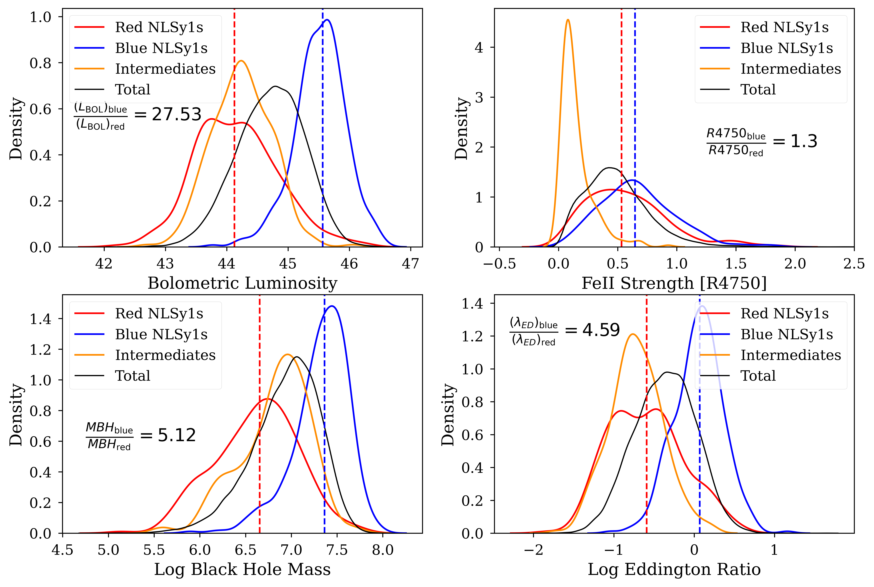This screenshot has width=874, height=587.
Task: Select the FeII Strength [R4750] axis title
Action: click(674, 283)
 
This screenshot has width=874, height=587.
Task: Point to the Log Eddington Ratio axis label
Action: click(674, 569)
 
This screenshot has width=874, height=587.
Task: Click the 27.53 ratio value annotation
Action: click(177, 115)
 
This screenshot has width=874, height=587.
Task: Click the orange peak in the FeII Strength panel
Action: click(568, 20)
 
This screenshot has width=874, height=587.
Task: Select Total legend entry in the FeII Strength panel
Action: click(758, 89)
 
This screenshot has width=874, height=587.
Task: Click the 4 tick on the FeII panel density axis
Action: click(479, 48)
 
